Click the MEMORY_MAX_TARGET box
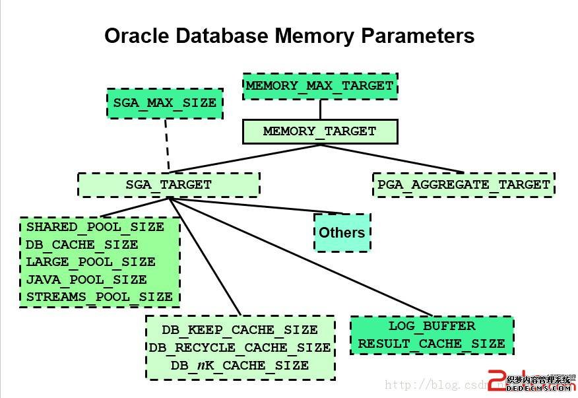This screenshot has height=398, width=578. coord(320,86)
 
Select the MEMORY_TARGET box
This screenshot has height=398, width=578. coord(320,131)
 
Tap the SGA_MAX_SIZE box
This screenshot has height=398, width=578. coord(164,104)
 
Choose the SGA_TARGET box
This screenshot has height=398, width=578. coord(168,185)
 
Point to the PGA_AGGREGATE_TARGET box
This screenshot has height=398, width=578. coord(463,185)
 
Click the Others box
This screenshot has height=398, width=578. coord(341,232)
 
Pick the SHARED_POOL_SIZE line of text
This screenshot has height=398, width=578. coord(95,227)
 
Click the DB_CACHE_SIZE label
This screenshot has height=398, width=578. coord(82,244)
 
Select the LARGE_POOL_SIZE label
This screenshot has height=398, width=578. coord(90,262)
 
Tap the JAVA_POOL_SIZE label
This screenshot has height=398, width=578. coord(86,279)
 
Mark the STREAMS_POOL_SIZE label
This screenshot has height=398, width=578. coord(100,297)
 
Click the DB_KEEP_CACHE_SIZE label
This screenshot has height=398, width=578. coord(240,329)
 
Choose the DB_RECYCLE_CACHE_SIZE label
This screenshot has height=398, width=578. coord(240,347)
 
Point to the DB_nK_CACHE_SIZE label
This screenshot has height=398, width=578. coord(240,365)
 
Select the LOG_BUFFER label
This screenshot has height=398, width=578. coord(432,326)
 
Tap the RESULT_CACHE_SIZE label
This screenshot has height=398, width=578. coord(432,344)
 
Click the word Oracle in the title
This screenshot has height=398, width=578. coord(137,35)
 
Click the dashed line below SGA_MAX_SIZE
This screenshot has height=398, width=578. coord(166,145)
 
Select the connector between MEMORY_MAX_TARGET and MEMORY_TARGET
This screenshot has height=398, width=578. coord(320,110)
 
